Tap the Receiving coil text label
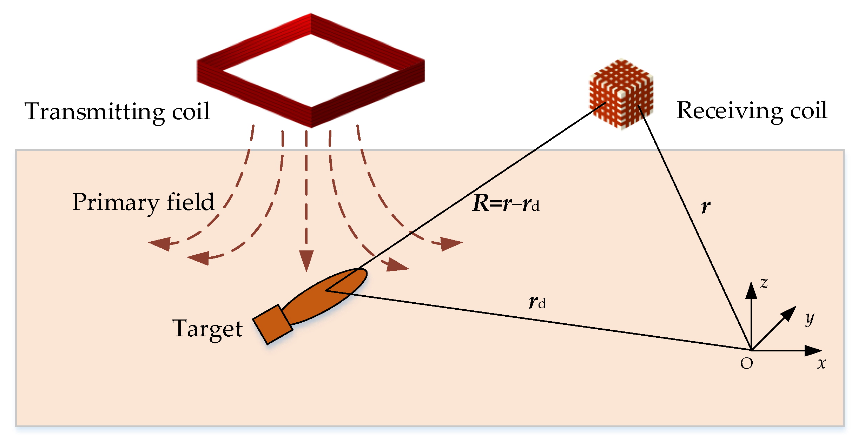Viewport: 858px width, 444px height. point(751,110)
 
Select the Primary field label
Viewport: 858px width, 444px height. point(143,202)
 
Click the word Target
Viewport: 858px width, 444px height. point(207,329)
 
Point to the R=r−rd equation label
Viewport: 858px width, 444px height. point(506,203)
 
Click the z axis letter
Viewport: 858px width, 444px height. point(764,283)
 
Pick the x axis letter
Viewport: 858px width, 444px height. point(821,363)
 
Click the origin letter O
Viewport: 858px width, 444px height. point(746,364)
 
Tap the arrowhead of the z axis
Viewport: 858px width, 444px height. point(751,290)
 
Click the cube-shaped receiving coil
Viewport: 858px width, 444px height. point(621,94)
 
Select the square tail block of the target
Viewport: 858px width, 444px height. point(272,324)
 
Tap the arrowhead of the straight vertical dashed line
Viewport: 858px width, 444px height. point(306,261)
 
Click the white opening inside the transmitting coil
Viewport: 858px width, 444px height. point(311,70)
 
